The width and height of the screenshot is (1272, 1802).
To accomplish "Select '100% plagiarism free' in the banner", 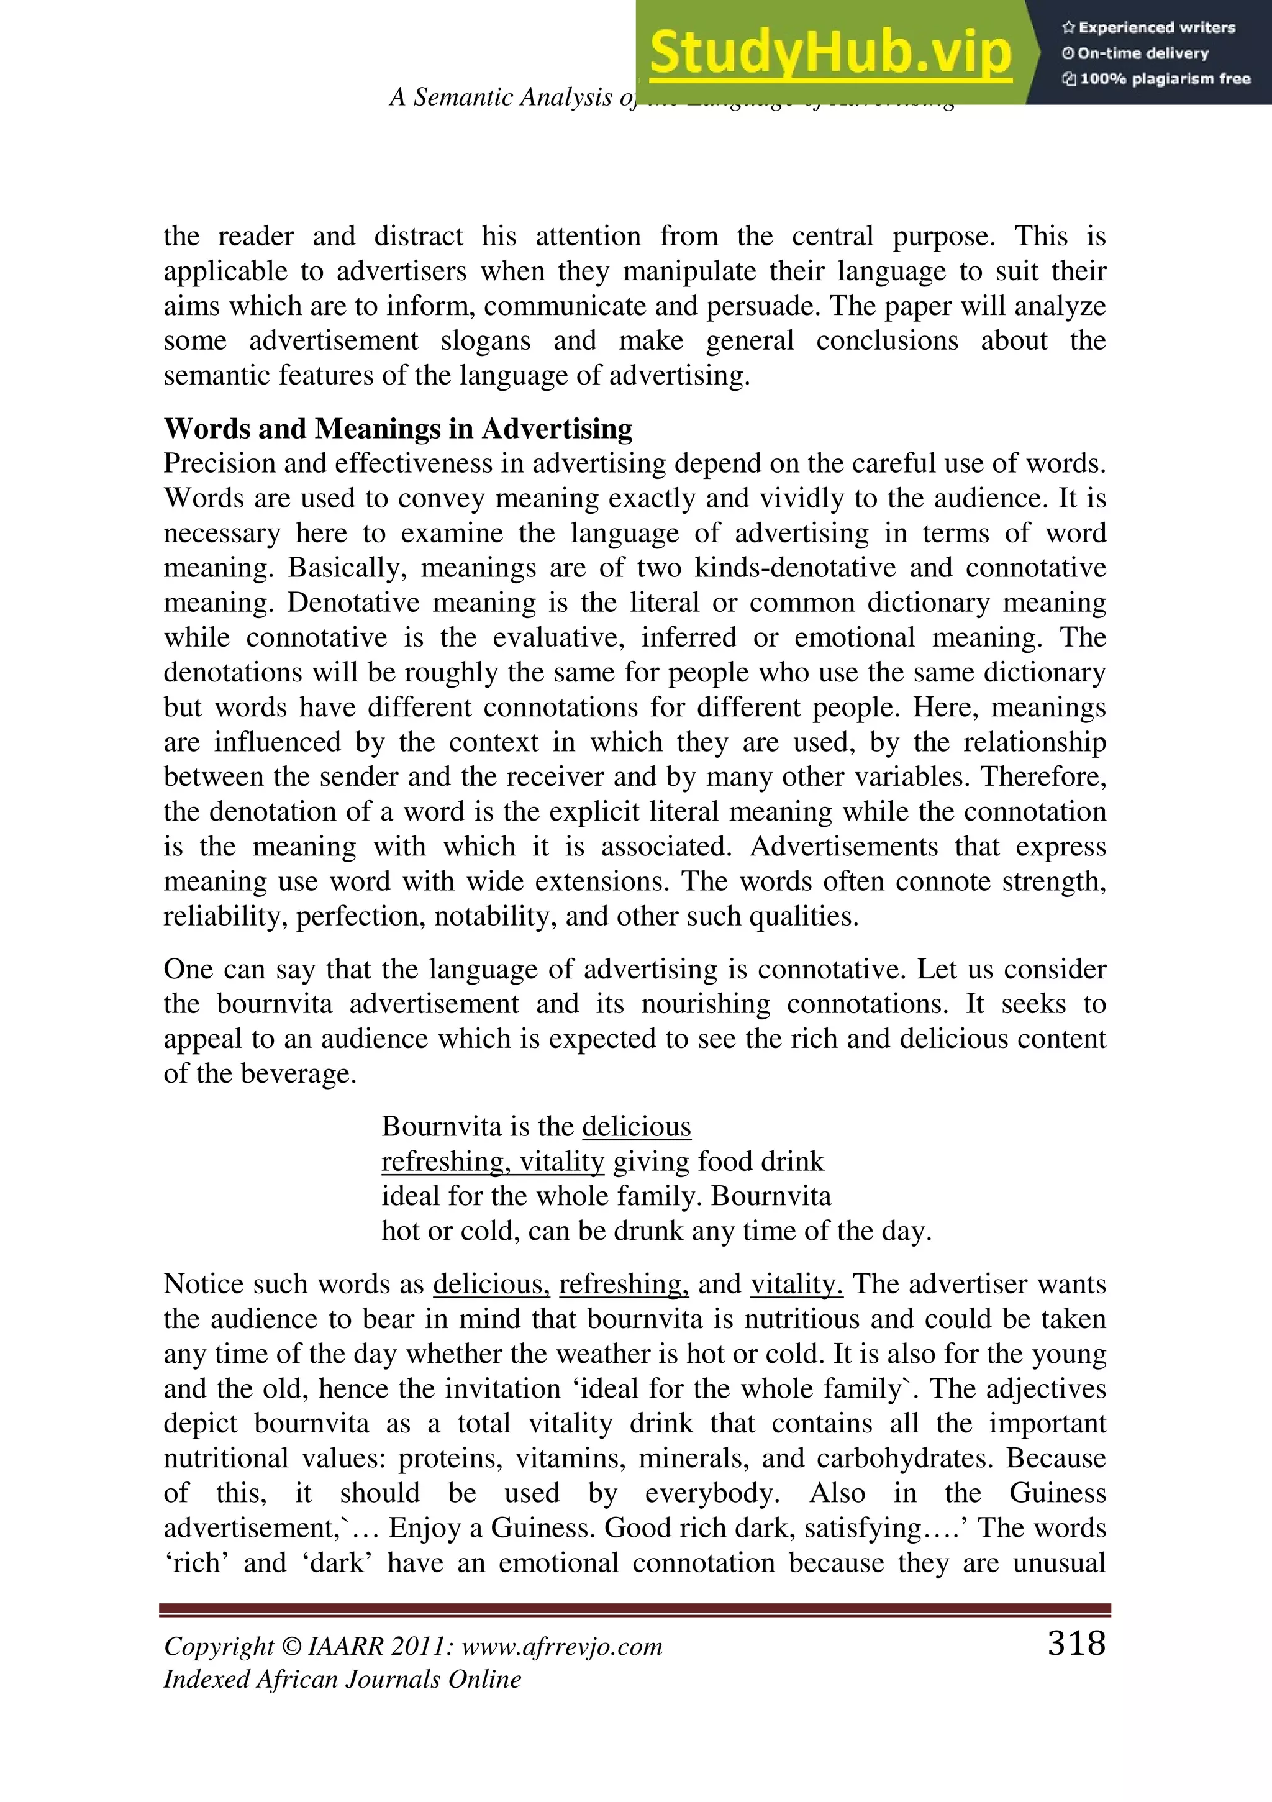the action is [x=1156, y=78].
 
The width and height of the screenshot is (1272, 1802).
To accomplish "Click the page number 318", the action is [x=1076, y=1643].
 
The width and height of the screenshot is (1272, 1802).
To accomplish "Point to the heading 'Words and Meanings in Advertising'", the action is [x=398, y=429].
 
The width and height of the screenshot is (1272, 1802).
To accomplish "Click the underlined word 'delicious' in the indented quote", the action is [x=637, y=1127].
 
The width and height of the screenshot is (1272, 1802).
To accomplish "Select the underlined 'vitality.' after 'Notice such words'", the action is [x=796, y=1284].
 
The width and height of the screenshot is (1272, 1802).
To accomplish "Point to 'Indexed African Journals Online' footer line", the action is [x=342, y=1680].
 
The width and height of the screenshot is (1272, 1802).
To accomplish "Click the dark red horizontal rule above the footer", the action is [x=635, y=1609].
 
